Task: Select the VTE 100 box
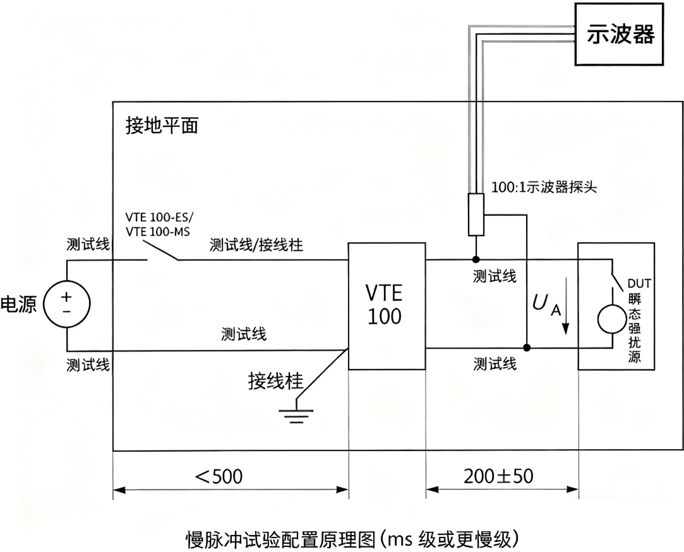pyautogui.click(x=384, y=305)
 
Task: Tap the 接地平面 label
pyautogui.click(x=162, y=126)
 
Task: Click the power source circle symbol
pyautogui.click(x=66, y=304)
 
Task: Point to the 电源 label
pyautogui.click(x=20, y=304)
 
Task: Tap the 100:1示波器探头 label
pyautogui.click(x=544, y=188)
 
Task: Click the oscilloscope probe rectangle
pyautogui.click(x=475, y=215)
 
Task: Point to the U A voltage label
pyautogui.click(x=544, y=305)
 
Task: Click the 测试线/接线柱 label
pyautogui.click(x=256, y=245)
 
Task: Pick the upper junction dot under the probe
pyautogui.click(x=475, y=260)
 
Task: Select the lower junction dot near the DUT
pyautogui.click(x=527, y=347)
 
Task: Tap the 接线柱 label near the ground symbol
pyautogui.click(x=276, y=381)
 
